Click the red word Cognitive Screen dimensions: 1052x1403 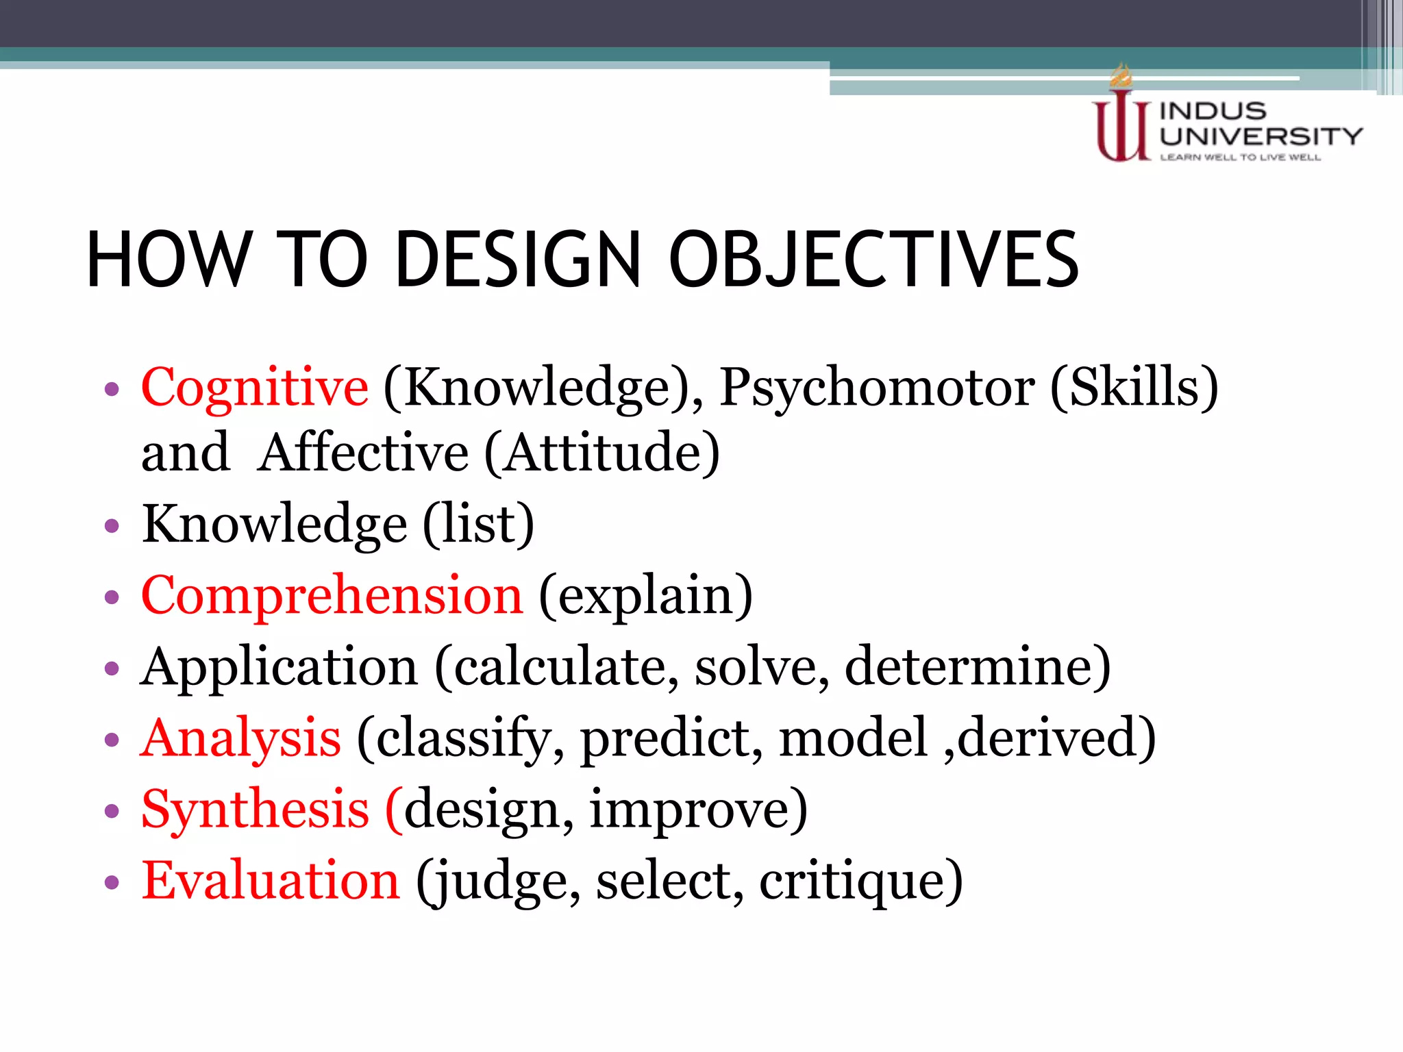coord(254,389)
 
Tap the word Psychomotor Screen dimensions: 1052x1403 coord(877,389)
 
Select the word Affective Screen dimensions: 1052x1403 coord(364,453)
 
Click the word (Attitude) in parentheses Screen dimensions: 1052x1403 coord(602,453)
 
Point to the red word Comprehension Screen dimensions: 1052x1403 coord(332,596)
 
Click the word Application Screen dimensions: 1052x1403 coord(279,668)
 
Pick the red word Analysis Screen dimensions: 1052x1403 coord(240,740)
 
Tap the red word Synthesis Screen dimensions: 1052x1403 coord(255,810)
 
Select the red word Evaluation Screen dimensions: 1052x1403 coord(270,881)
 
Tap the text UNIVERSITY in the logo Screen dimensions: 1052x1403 coord(1261,136)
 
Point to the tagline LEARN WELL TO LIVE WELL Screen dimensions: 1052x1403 coord(1240,158)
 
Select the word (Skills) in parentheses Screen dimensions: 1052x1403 coord(1134,389)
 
